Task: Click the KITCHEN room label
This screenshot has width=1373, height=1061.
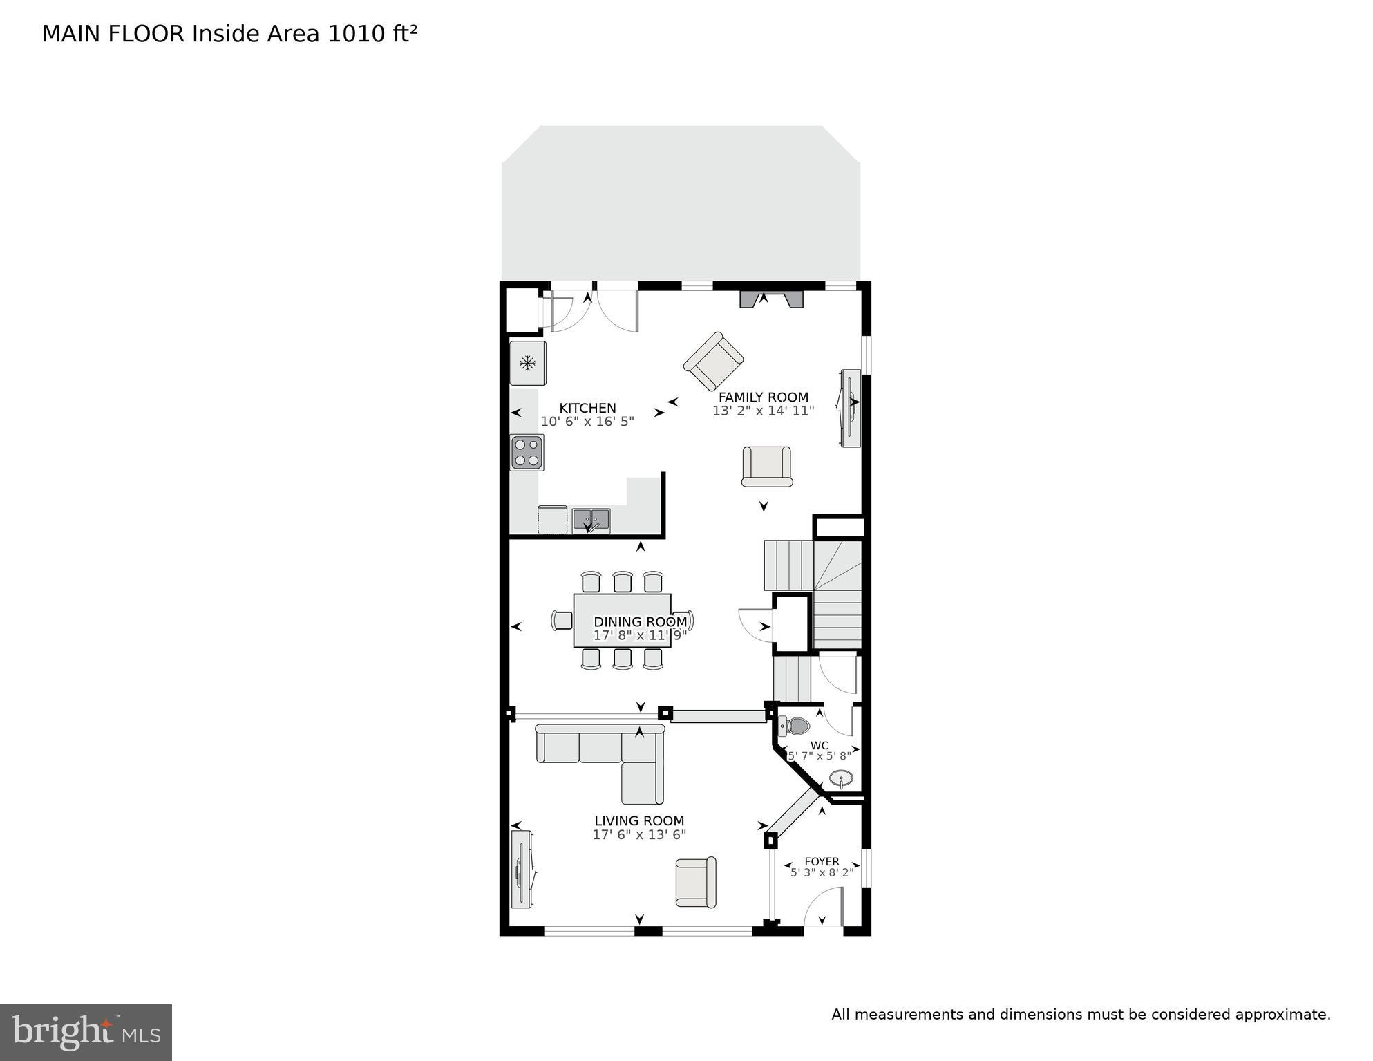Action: point(587,409)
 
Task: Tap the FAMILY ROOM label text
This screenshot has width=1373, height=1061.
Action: point(763,397)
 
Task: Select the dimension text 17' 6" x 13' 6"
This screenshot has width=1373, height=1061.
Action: point(639,835)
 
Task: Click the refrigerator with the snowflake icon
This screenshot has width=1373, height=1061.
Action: point(528,363)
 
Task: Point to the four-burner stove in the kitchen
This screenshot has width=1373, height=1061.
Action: point(527,453)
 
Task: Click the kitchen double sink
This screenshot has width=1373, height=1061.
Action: point(591,519)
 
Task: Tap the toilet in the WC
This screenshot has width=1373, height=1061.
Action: point(795,726)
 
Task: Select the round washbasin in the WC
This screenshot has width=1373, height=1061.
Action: point(841,779)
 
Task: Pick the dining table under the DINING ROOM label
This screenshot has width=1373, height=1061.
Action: point(622,621)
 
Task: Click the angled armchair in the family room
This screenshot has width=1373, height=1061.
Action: point(714,361)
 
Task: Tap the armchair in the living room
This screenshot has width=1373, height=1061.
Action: point(696,882)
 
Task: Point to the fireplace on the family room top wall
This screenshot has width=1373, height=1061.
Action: point(772,299)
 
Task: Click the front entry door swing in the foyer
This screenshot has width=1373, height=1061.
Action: point(824,908)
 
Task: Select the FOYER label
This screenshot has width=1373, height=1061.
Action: point(822,862)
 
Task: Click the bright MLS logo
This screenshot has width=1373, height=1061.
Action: point(86,1033)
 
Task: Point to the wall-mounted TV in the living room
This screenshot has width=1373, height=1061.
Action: point(522,870)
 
